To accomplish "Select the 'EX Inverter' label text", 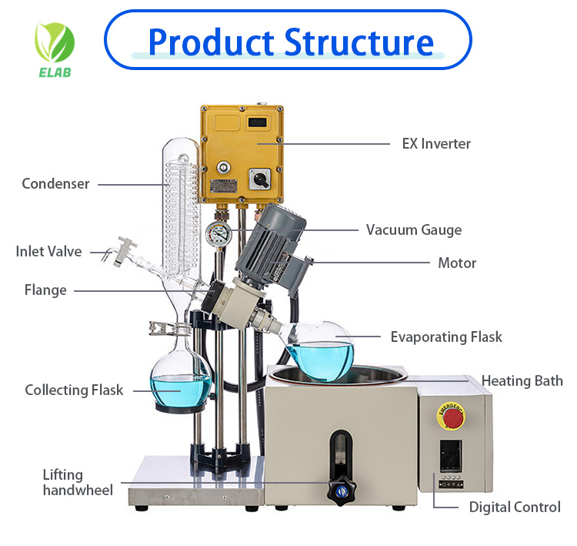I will tap(436, 143).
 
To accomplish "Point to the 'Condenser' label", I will tap(55, 183).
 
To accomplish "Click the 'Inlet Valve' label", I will tap(48, 251).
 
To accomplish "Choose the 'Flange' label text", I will tap(45, 290).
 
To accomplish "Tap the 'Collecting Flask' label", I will tap(74, 390).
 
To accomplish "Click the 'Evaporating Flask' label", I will tap(446, 337).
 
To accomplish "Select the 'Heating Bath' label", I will tap(522, 380).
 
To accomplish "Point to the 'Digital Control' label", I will tap(515, 507).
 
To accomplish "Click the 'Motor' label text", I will tap(457, 263).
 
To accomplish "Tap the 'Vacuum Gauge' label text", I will tap(414, 229).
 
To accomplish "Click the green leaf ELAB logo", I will tap(54, 43).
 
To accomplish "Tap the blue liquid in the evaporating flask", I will tap(319, 356).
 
